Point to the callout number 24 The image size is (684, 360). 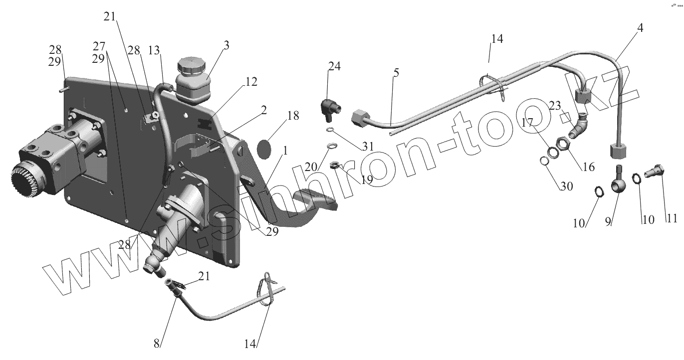point(334,66)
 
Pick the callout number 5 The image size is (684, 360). point(396,73)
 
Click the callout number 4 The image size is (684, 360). point(640,28)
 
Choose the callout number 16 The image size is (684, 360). point(589,167)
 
